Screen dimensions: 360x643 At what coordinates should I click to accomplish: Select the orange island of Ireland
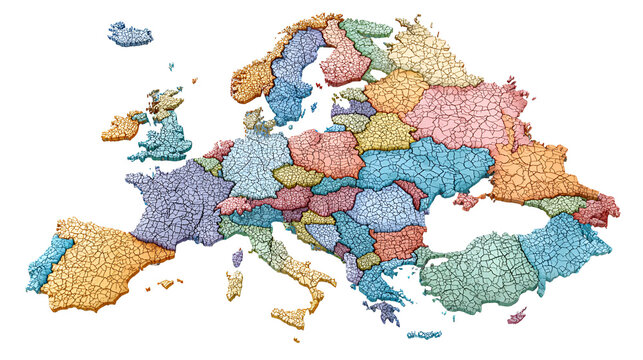point(122,126)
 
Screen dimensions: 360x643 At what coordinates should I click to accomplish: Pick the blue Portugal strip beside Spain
point(48,261)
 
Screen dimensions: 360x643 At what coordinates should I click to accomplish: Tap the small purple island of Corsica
point(237,258)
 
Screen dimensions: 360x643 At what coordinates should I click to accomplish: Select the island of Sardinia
point(234,285)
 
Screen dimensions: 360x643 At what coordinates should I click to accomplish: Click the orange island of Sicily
point(288,317)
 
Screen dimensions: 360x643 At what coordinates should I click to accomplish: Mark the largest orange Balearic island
point(166,283)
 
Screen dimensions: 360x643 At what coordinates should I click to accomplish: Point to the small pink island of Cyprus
point(517,316)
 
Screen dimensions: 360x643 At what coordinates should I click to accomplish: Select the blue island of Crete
point(424,334)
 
